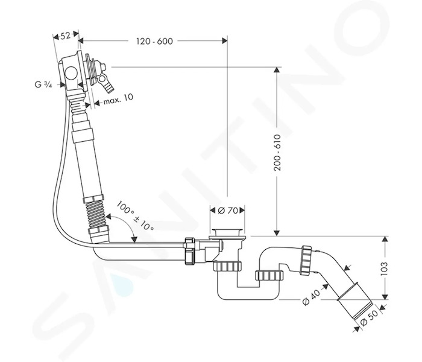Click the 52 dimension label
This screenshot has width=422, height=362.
coord(65,36)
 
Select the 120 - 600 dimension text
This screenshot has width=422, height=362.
coord(154,41)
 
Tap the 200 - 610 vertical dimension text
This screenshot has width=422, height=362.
coord(277,153)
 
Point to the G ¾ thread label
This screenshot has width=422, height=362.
coord(43,85)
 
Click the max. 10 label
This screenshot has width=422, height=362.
coord(118,99)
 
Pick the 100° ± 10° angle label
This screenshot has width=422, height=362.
coord(135,216)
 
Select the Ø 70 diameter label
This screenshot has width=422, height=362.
coord(228,211)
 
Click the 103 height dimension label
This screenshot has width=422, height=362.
coord(384,268)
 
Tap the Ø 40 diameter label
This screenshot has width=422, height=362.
coord(312,297)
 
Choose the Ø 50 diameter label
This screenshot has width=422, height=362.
coord(369,318)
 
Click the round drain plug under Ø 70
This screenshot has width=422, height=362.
coord(227,233)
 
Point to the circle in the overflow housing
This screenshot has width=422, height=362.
coord(71,73)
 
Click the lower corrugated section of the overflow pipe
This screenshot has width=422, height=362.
coord(97,214)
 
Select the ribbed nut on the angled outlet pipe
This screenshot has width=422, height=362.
coord(306,260)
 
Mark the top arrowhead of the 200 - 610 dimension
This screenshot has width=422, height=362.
coord(277,70)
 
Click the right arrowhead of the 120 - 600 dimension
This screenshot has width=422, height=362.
coord(224,41)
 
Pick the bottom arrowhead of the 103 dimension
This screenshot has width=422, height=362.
coord(385,296)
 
